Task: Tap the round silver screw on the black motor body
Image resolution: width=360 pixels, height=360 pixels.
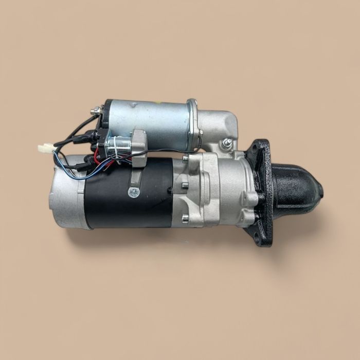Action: click(133, 193)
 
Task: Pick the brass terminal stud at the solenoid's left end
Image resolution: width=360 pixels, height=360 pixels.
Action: click(96, 111)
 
